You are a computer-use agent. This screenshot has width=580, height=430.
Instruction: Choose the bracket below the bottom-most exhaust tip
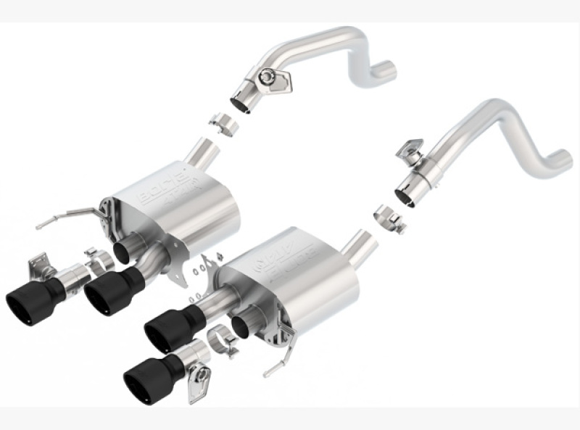[197, 383]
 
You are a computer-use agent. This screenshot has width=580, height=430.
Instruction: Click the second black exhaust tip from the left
[109, 293]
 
